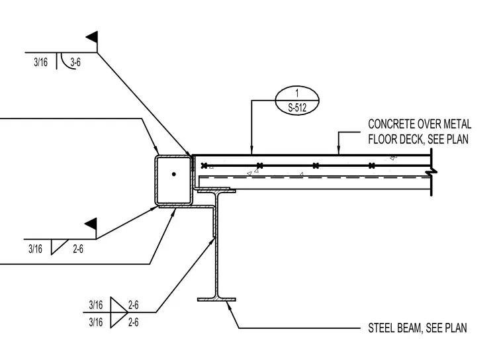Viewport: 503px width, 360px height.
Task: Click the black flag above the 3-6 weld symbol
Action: click(93, 37)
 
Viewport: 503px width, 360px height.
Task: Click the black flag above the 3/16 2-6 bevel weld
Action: click(91, 224)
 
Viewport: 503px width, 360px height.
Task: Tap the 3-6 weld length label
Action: click(75, 62)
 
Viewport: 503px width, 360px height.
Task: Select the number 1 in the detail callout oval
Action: click(297, 93)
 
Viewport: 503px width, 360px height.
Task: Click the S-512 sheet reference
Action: click(297, 108)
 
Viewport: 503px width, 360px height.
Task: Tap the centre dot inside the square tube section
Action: click(174, 174)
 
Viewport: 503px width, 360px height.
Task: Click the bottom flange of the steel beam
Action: click(216, 300)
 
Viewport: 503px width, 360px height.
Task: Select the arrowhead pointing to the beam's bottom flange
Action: click(228, 305)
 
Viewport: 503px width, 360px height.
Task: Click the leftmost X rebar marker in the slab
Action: click(204, 165)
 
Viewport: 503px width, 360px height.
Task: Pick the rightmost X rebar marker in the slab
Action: click(371, 165)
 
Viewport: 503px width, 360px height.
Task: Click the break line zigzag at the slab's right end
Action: click(432, 172)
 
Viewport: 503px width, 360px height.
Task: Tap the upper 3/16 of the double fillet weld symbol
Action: click(96, 304)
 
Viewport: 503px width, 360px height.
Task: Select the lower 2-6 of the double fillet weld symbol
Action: click(134, 322)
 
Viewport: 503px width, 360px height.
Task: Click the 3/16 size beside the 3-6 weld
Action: click(41, 62)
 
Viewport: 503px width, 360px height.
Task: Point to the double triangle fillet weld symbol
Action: click(119, 312)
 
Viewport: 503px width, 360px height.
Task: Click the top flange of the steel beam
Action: click(216, 191)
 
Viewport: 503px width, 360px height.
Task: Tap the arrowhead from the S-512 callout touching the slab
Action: click(251, 150)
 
